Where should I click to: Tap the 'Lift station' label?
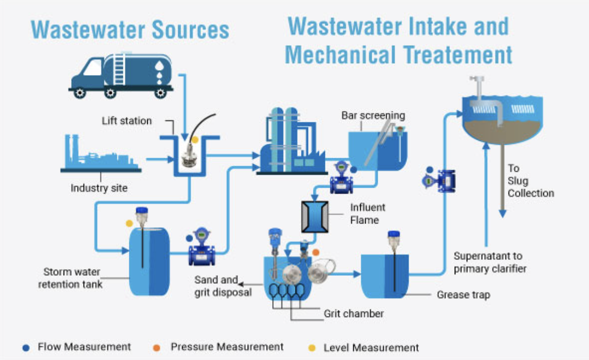pos(127,121)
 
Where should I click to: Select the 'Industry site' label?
pos(99,188)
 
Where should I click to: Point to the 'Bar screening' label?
pos(373,115)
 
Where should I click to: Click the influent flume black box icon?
pos(315,217)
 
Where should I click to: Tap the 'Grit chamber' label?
pos(354,313)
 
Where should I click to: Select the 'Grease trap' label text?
pos(463,295)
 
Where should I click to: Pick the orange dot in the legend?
pos(156,347)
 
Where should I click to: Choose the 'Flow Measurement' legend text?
pos(84,346)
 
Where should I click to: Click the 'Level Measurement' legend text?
pos(371,347)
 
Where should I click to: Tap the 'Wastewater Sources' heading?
pos(130,29)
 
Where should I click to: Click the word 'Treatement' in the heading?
pos(454,55)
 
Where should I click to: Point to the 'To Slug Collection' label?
pos(530,181)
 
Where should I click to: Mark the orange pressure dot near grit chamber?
pos(316,252)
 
